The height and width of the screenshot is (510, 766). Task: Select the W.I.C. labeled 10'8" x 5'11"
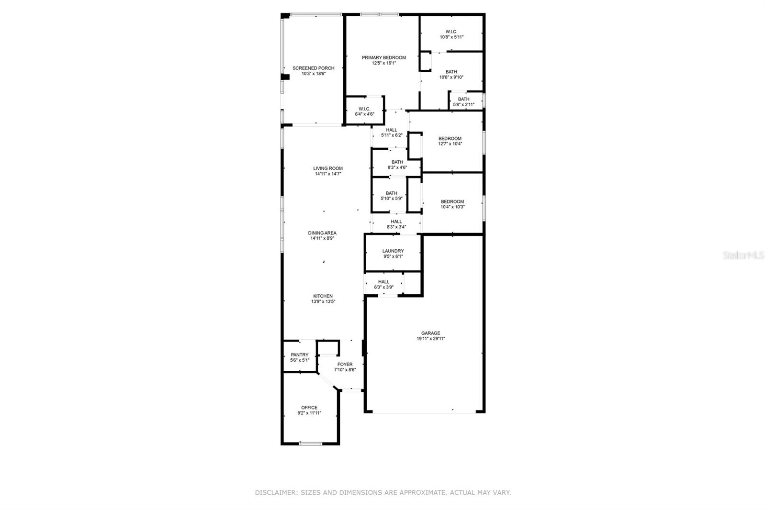451,34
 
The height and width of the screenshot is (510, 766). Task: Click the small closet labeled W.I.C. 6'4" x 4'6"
364,111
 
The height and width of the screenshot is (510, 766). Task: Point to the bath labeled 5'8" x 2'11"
463,102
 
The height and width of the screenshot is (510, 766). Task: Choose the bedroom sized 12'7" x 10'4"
450,141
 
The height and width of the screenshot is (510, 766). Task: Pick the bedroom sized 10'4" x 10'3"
452,204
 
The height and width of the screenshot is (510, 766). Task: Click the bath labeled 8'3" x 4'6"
397,165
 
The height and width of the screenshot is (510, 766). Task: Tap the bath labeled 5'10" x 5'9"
391,196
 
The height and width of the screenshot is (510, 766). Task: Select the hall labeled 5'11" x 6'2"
391,133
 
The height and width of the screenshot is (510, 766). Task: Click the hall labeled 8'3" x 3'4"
396,224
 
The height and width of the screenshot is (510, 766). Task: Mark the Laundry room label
393,251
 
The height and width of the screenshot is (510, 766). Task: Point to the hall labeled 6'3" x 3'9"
383,284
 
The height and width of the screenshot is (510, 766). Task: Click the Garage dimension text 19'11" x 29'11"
430,339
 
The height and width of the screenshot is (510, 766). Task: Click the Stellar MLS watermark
743,255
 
